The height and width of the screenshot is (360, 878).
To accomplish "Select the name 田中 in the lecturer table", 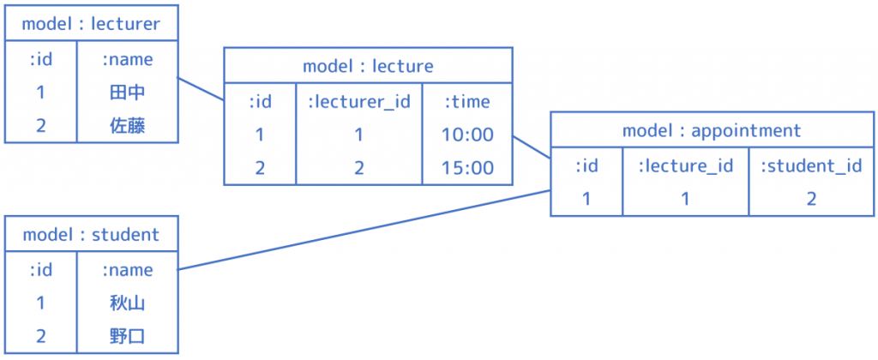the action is click(127, 93).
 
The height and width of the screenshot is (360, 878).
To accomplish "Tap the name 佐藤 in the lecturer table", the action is click(127, 126).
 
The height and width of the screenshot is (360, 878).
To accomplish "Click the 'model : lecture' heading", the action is click(368, 66).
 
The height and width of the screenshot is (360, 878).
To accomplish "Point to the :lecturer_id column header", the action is click(359, 101).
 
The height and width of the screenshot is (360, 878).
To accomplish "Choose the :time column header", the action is click(467, 101).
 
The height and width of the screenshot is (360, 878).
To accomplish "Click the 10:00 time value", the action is click(467, 135).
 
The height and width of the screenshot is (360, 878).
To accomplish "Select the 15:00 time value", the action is click(467, 168).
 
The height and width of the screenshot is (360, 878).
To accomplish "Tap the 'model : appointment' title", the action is click(712, 130).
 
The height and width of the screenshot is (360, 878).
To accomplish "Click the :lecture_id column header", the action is click(685, 165).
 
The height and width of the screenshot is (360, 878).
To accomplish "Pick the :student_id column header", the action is click(811, 165).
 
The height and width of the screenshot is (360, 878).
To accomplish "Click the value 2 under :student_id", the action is click(811, 199).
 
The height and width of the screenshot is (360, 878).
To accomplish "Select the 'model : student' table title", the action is click(91, 235).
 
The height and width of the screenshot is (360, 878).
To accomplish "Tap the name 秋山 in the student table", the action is click(127, 303).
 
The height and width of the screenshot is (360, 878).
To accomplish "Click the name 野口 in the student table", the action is click(127, 337).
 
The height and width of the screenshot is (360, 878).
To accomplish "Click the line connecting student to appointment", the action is click(364, 230).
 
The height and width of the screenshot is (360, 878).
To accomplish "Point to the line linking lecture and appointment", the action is click(532, 147).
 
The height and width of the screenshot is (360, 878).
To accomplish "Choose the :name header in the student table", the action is click(127, 270).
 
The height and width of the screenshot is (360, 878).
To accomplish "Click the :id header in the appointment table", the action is click(586, 165).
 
